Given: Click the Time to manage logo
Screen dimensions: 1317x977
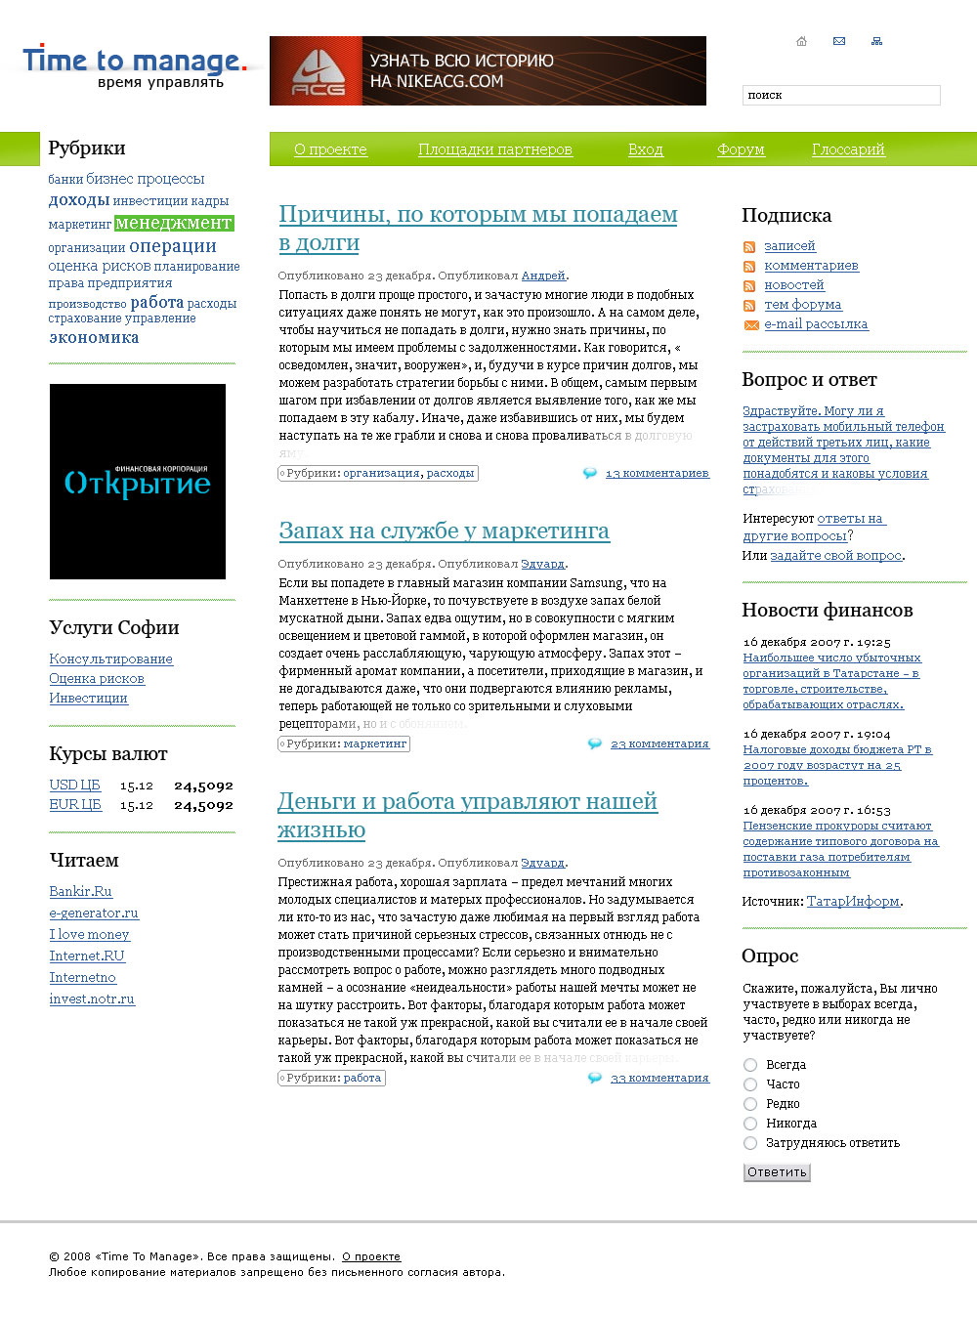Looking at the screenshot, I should [x=134, y=66].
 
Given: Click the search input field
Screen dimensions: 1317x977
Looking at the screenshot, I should [x=840, y=95].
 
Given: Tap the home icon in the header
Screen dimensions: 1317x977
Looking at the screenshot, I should [x=802, y=41].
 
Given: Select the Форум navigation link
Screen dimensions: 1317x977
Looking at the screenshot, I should [x=741, y=149].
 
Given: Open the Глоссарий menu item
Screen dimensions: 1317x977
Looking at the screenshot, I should [x=848, y=149].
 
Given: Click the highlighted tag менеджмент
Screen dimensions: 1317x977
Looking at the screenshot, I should [x=174, y=223].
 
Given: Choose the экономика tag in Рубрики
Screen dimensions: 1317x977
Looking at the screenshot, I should [x=94, y=337].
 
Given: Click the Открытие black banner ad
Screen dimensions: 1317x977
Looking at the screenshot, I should [x=138, y=482].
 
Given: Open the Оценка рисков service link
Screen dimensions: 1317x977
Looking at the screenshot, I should [x=97, y=678].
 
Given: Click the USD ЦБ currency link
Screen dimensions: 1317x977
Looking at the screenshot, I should [x=75, y=785].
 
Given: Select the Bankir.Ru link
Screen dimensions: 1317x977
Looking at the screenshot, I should [x=81, y=891].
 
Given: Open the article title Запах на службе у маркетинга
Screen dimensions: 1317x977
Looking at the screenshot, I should [x=444, y=531].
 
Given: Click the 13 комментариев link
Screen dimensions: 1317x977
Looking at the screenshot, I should [x=657, y=473].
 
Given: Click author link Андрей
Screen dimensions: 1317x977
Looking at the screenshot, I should [x=543, y=276].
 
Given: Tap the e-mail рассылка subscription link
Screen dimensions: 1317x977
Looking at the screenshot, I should [x=816, y=323].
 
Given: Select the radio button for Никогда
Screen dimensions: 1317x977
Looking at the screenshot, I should [x=750, y=1124].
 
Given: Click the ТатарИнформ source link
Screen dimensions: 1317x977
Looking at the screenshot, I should [x=853, y=901].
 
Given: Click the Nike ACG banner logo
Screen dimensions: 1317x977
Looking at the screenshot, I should [x=318, y=71].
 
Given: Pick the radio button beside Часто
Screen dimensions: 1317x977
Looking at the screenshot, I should [x=750, y=1084].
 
